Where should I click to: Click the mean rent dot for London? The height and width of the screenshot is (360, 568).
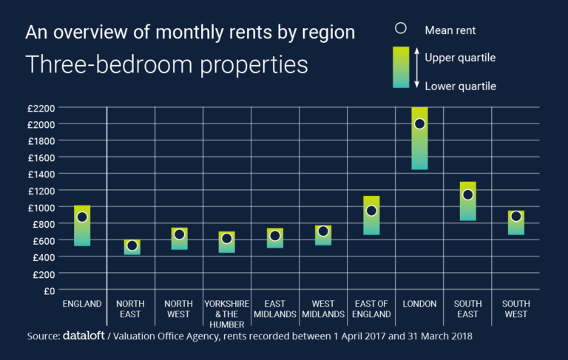coord(419,123)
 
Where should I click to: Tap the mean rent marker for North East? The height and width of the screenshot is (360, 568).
coord(132,245)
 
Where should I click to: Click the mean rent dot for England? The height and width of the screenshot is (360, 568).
coord(82,217)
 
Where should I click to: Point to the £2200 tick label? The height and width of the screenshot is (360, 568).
coord(41,108)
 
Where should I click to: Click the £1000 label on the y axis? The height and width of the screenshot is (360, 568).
coord(41,208)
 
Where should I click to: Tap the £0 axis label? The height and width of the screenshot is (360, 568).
coord(50,291)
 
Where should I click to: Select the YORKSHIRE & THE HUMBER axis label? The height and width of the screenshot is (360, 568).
coord(226,314)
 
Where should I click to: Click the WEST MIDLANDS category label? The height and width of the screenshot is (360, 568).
coord(322,309)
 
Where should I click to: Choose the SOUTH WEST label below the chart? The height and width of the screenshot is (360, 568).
coord(516,309)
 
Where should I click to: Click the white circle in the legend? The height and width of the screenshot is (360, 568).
coord(401,29)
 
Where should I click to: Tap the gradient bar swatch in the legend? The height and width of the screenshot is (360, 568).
coord(401,67)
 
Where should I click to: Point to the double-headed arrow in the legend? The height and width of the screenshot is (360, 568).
coord(416,68)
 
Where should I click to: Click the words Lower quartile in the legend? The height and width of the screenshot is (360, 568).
coord(460,86)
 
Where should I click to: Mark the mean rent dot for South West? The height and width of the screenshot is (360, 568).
coord(515,217)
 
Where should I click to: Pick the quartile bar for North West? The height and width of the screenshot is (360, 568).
coord(179,239)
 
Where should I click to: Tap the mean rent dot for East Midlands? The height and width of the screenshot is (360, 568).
coord(274,236)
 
